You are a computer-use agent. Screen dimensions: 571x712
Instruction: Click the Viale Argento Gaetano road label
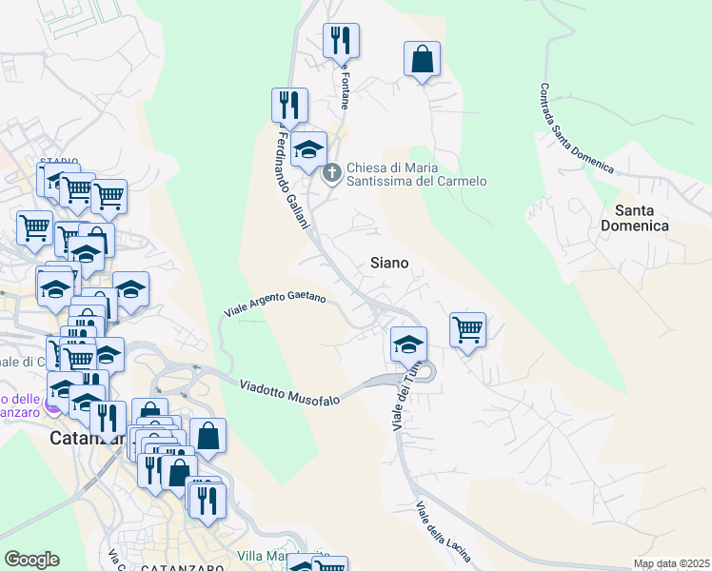pyautogui.click(x=275, y=305)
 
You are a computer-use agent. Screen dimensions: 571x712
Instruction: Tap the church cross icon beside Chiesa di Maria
pyautogui.click(x=332, y=172)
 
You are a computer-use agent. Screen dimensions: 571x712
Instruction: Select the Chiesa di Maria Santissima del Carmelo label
pyautogui.click(x=416, y=174)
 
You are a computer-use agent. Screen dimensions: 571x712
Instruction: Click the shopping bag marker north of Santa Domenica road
pyautogui.click(x=422, y=60)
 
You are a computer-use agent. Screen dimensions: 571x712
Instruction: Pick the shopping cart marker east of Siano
pyautogui.click(x=467, y=330)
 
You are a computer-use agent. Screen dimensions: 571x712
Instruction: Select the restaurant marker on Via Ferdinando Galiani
pyautogui.click(x=288, y=106)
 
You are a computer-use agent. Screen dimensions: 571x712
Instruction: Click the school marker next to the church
pyautogui.click(x=308, y=149)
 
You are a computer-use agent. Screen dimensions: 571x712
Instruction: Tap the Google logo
pyautogui.click(x=31, y=559)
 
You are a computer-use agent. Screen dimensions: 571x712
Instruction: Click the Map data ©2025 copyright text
pyautogui.click(x=671, y=563)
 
